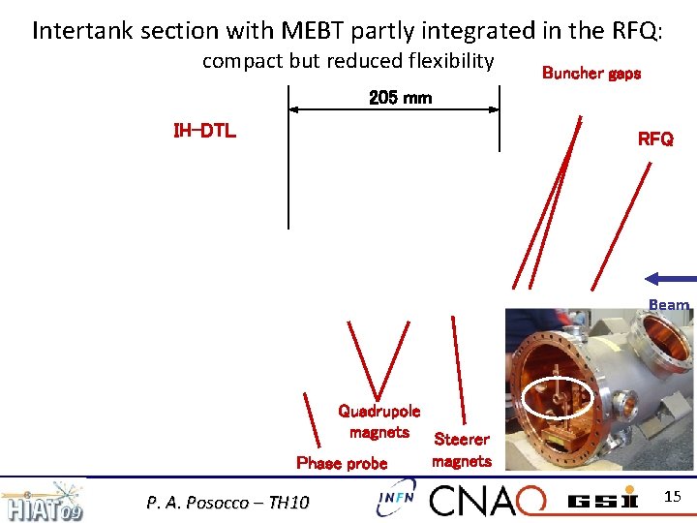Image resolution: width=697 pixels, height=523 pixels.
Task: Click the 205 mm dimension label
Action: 400,98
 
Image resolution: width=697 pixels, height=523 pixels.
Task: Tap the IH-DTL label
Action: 204,131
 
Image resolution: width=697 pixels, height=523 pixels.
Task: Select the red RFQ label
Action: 655,138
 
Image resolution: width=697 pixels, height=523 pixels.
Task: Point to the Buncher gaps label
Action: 591,73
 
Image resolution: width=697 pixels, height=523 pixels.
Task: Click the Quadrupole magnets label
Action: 379,421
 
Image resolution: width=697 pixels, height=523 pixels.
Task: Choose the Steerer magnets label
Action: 462,450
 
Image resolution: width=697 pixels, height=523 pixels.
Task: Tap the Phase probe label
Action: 342,463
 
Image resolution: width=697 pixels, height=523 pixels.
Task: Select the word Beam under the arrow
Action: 669,305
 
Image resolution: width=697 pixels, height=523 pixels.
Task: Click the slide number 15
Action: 674,497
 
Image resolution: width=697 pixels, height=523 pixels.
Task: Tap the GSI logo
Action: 602,500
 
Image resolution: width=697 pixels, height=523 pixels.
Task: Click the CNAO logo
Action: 487,500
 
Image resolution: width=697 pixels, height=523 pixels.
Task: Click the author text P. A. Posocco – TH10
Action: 227,502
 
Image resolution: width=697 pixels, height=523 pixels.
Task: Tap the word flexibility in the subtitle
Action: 442,61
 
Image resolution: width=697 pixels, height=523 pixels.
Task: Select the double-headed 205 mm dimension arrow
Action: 394,110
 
